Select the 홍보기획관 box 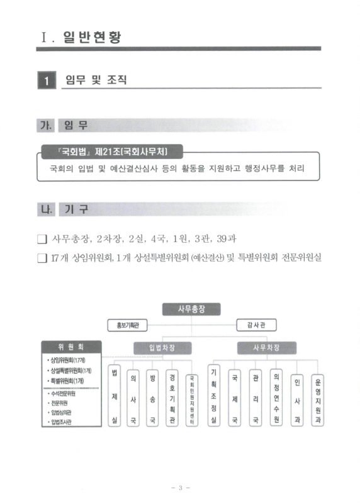pos(127,326)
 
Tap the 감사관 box pos(256,326)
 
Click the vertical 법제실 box pos(115,396)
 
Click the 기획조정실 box pos(214,397)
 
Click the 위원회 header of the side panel pos(70,346)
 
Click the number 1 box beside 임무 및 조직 pos(46,81)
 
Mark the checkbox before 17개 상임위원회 pos(43,258)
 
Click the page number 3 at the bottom pos(179,487)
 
